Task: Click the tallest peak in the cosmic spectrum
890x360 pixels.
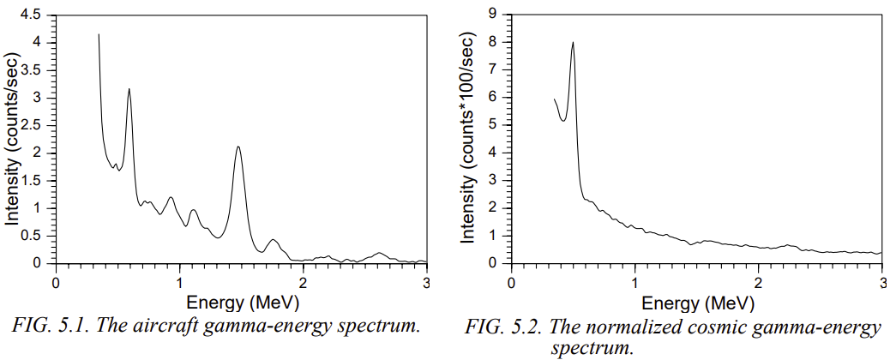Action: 573,43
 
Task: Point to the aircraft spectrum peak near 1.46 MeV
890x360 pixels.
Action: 238,147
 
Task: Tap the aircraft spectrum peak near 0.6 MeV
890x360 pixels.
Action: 129,89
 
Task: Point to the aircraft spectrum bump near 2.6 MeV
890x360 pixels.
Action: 379,254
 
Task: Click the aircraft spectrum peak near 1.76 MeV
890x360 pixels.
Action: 273,240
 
